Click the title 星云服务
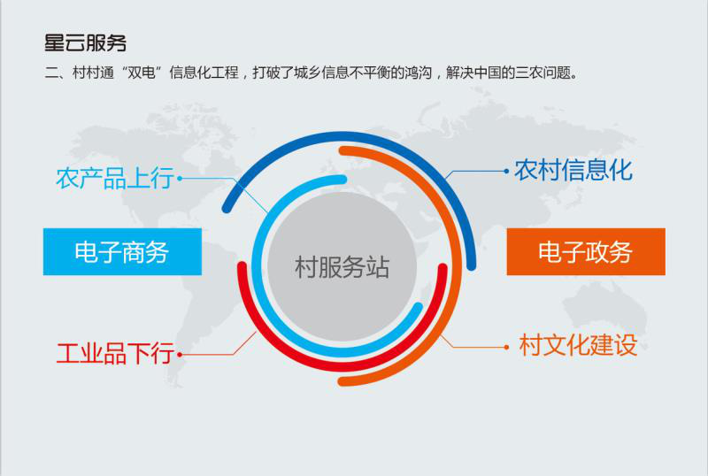pyautogui.click(x=85, y=43)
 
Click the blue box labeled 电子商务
pyautogui.click(x=122, y=251)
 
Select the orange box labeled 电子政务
pyautogui.click(x=586, y=251)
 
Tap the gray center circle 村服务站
pyautogui.click(x=342, y=266)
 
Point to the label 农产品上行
pyautogui.click(x=115, y=178)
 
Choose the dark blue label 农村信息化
pyautogui.click(x=573, y=170)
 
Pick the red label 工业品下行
pyautogui.click(x=115, y=353)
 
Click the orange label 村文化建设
pyautogui.click(x=578, y=345)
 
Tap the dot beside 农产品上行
pyautogui.click(x=180, y=179)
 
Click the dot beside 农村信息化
pyautogui.click(x=506, y=171)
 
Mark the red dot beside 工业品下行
pyautogui.click(x=180, y=355)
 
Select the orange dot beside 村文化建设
pyautogui.click(x=506, y=348)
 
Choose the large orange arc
pyautogui.click(x=457, y=266)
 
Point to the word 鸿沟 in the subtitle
pyautogui.click(x=418, y=73)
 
